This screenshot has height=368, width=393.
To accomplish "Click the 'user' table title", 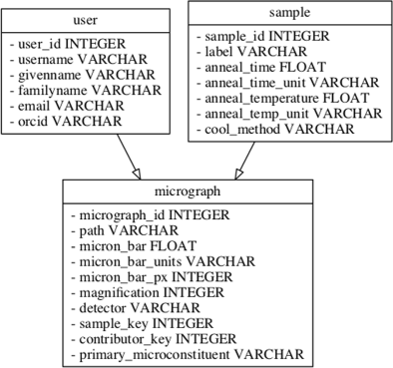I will (x=86, y=21).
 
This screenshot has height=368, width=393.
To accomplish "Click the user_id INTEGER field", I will (x=66, y=45).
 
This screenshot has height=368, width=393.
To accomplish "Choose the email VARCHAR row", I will (x=62, y=105).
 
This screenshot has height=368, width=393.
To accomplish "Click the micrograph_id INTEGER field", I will (x=150, y=214).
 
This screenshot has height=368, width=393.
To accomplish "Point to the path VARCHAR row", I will (x=114, y=229).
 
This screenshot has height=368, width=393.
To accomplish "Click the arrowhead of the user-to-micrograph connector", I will (x=134, y=173).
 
